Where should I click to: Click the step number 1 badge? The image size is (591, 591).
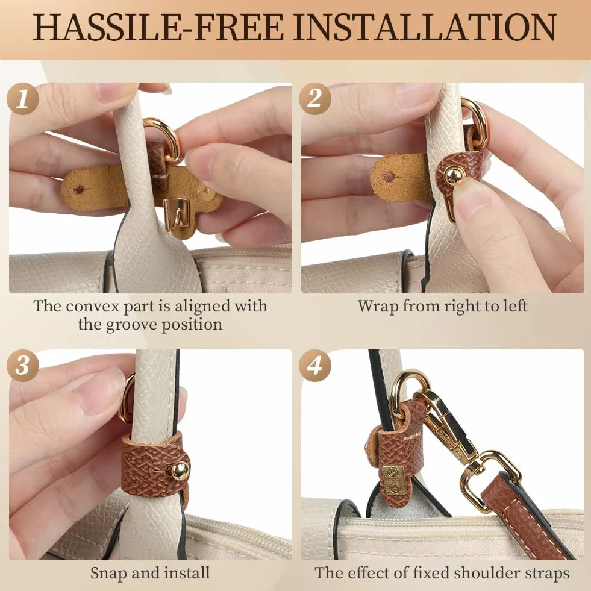23,99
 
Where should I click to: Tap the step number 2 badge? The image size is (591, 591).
314,99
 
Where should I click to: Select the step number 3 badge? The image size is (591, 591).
23,365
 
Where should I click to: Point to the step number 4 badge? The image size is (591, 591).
314,365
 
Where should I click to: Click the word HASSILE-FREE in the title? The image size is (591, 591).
158,27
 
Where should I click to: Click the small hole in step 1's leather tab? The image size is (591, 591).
79,190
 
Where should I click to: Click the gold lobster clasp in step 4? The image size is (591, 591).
449,426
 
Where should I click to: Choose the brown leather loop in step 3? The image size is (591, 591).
152,464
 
